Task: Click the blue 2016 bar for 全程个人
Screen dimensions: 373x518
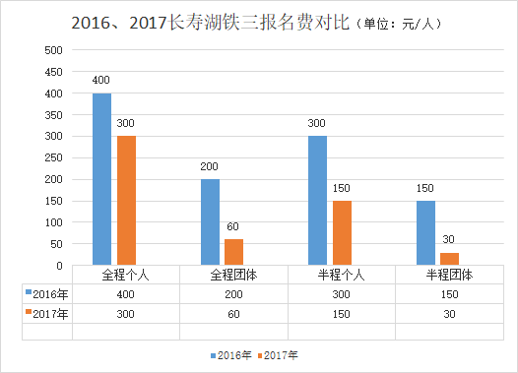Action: click(101, 179)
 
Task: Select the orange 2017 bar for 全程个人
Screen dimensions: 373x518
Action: click(126, 201)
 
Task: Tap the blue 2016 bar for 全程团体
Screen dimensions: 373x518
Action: click(210, 222)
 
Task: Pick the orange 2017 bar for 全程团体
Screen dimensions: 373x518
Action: click(234, 252)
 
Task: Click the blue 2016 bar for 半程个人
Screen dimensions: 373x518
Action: click(317, 201)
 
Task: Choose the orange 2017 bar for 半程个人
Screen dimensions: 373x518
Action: click(342, 233)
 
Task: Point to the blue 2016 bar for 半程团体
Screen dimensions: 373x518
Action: click(425, 233)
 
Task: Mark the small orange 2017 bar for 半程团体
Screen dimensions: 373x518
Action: click(450, 259)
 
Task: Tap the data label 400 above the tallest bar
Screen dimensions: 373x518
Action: click(101, 80)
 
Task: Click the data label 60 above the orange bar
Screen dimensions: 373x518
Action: click(234, 226)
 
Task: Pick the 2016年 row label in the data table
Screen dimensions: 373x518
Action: click(47, 293)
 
